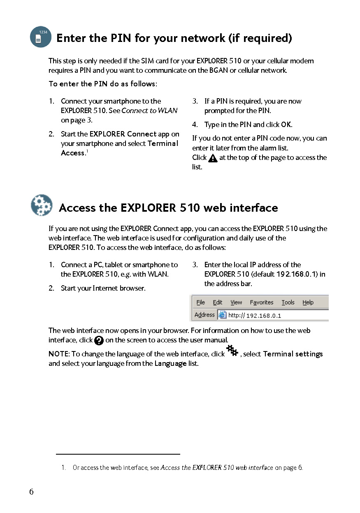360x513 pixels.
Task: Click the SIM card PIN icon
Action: pos(40,37)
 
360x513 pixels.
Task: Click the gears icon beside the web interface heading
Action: pos(42,205)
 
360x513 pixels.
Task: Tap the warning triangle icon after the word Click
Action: pos(213,158)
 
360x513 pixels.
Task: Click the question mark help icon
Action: pos(99,340)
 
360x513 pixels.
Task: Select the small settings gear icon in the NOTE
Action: pos(232,351)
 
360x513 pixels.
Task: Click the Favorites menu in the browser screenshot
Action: pos(261,303)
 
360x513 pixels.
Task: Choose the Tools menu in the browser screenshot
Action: pos(288,303)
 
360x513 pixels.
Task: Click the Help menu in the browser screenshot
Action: pos(308,303)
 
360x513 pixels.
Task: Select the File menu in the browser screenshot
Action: pos(201,303)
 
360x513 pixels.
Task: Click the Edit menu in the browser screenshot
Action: pos(218,303)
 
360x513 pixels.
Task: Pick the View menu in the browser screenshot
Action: pos(236,303)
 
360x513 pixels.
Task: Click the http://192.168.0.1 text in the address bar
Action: pos(255,316)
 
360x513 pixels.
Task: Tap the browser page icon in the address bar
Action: pos(222,315)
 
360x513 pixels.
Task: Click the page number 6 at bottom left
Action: pos(31,492)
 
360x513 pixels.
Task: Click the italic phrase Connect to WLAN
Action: pos(149,111)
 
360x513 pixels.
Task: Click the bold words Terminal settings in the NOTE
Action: pos(293,354)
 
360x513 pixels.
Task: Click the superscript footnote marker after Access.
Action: pos(87,151)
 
